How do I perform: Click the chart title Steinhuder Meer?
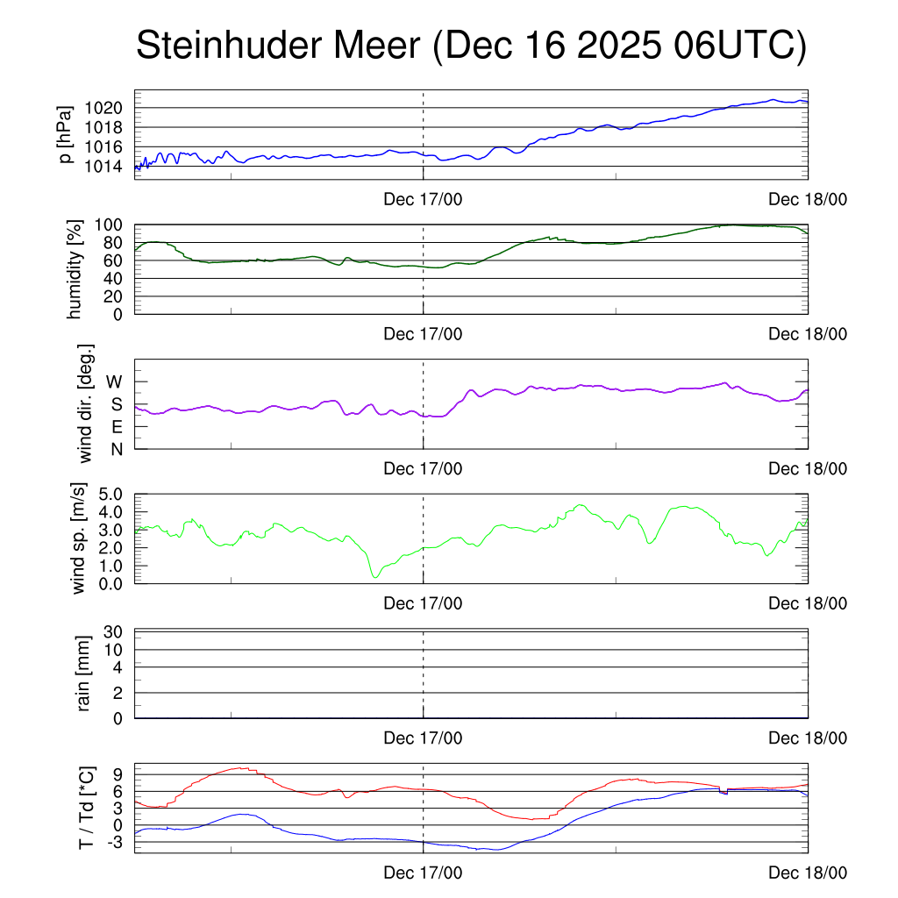tap(279, 46)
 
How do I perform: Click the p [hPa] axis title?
tap(66, 133)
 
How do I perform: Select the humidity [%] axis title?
tap(75, 269)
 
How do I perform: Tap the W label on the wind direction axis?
tap(115, 381)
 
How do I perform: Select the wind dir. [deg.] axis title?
tap(86, 403)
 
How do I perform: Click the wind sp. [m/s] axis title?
tap(81, 538)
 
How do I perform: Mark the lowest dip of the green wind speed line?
tap(375, 576)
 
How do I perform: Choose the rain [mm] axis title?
tap(84, 674)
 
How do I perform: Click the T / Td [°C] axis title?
tap(86, 807)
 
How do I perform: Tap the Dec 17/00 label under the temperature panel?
tap(423, 874)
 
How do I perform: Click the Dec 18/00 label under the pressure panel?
tap(808, 200)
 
